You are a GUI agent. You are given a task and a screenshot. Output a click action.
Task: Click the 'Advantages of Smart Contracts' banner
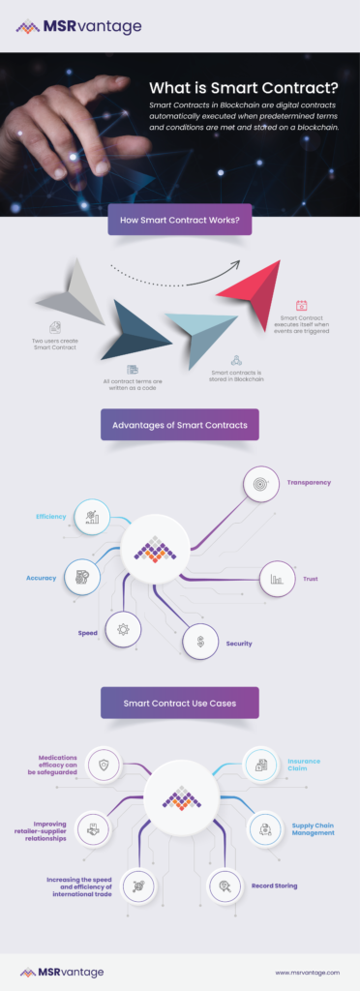179,425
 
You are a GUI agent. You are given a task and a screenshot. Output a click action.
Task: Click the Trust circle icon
277,579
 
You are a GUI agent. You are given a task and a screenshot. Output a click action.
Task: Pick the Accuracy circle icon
81,577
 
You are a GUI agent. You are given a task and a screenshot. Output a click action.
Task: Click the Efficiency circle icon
92,517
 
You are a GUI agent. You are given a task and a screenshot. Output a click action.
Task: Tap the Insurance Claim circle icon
261,765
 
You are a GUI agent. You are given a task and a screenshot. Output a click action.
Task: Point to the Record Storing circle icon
225,885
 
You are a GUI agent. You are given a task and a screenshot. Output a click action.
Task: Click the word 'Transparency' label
309,482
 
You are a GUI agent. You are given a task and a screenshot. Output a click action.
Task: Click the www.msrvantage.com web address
308,972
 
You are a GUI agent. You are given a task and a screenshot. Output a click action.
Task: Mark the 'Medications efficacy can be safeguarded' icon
103,765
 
